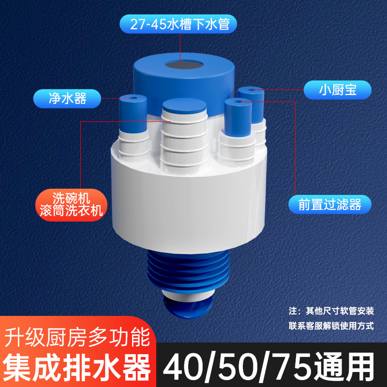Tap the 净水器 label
coord(67,99)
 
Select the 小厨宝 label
coord(338,90)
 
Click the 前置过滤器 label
coord(330,205)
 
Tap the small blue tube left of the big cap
coord(132,114)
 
